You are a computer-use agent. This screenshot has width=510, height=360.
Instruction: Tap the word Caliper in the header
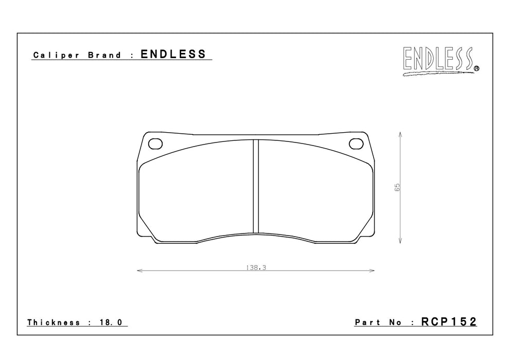pos(56,55)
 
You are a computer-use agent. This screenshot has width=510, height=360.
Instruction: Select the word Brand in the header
pos(104,55)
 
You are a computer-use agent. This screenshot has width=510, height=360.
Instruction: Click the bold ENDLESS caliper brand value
pos(173,54)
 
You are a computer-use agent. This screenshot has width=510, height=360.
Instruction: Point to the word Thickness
pos(54,322)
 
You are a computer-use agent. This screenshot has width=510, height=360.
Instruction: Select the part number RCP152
pos(449,321)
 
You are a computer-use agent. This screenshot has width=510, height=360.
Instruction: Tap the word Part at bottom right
pos(367,322)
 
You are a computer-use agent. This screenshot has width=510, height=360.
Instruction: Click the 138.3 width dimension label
pos(256,268)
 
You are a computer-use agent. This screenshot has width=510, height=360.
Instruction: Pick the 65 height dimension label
pos(397,188)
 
